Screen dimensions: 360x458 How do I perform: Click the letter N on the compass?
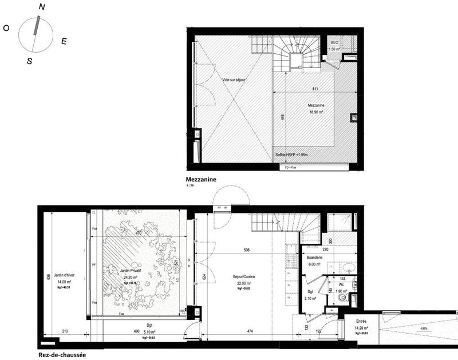click(42, 6)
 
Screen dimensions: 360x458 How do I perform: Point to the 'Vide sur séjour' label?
click(234, 80)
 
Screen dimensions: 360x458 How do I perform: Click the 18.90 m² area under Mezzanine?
click(313, 113)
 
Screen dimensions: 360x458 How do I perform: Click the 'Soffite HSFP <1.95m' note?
click(293, 155)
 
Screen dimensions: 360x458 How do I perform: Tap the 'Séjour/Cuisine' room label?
click(243, 276)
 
